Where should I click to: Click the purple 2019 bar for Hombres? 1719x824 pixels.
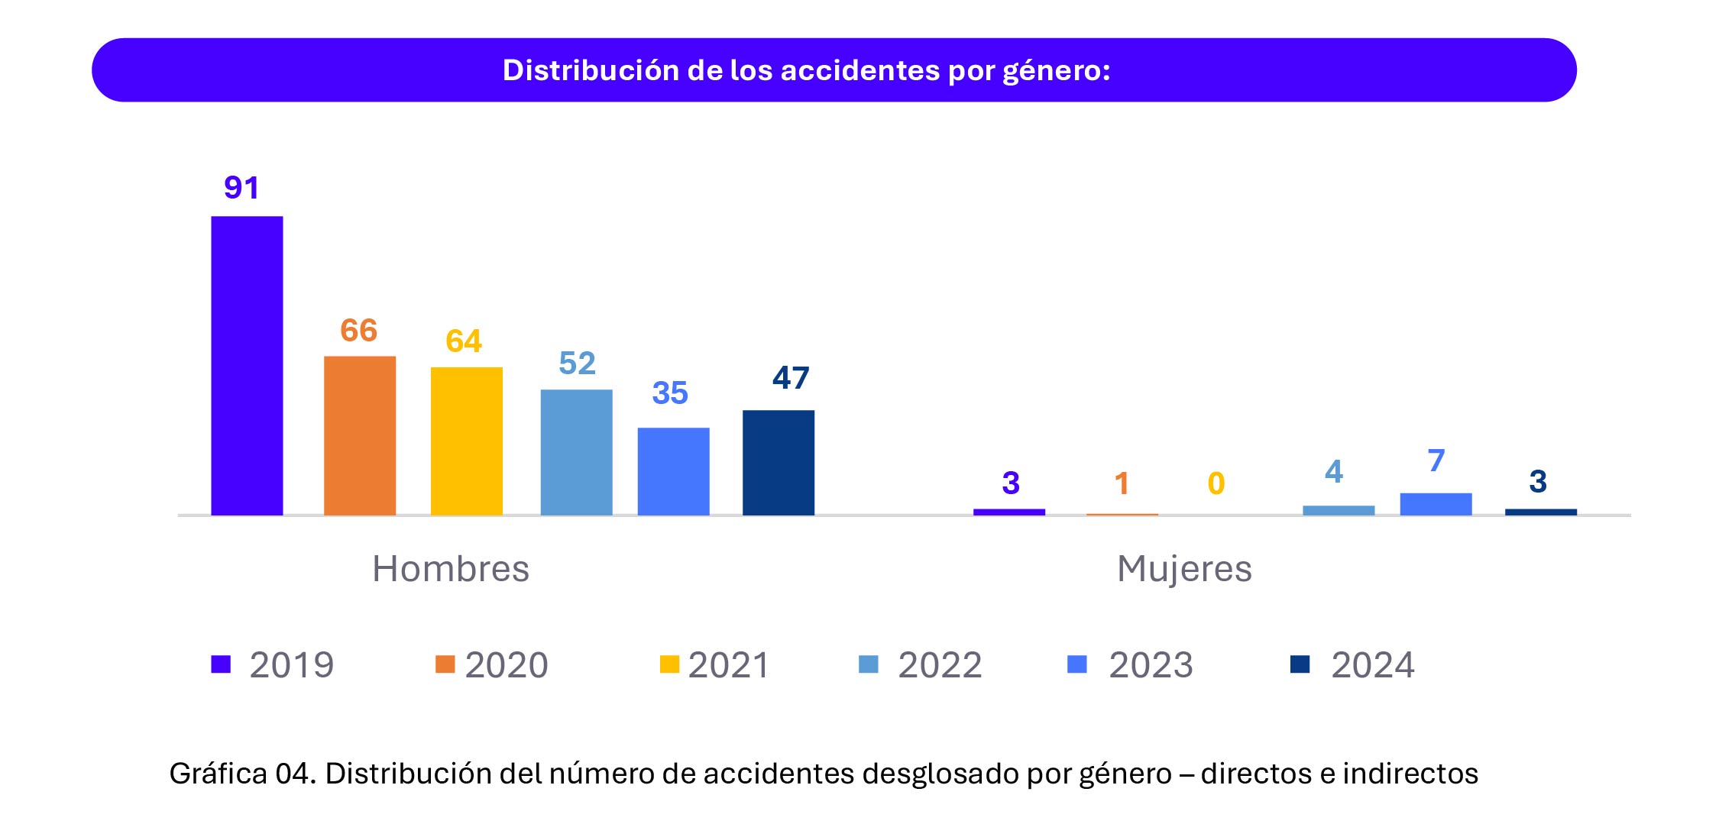point(247,366)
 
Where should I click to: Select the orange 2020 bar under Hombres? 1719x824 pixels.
point(360,435)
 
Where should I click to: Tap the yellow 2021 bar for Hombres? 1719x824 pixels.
point(466,441)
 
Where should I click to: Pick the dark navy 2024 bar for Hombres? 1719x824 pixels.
point(778,462)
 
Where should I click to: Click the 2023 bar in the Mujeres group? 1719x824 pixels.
point(1436,504)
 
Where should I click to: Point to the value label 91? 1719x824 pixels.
point(241,188)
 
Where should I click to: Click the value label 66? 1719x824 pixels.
point(358,331)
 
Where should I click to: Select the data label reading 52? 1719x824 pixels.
point(577,364)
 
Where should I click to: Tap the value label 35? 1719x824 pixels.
point(670,393)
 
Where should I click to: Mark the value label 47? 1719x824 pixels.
point(790,378)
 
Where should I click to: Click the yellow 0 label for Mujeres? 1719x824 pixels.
point(1216,483)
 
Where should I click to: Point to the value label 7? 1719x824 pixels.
point(1436,460)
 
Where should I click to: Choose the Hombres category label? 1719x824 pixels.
point(451,569)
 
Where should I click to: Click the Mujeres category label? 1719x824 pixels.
point(1184,569)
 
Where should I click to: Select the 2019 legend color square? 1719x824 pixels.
point(221,664)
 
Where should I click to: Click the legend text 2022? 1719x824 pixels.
point(940,665)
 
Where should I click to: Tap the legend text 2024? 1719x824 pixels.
point(1372,665)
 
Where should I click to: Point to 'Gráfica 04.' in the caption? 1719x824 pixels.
point(242,774)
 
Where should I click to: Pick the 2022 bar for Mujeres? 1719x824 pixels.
point(1338,510)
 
